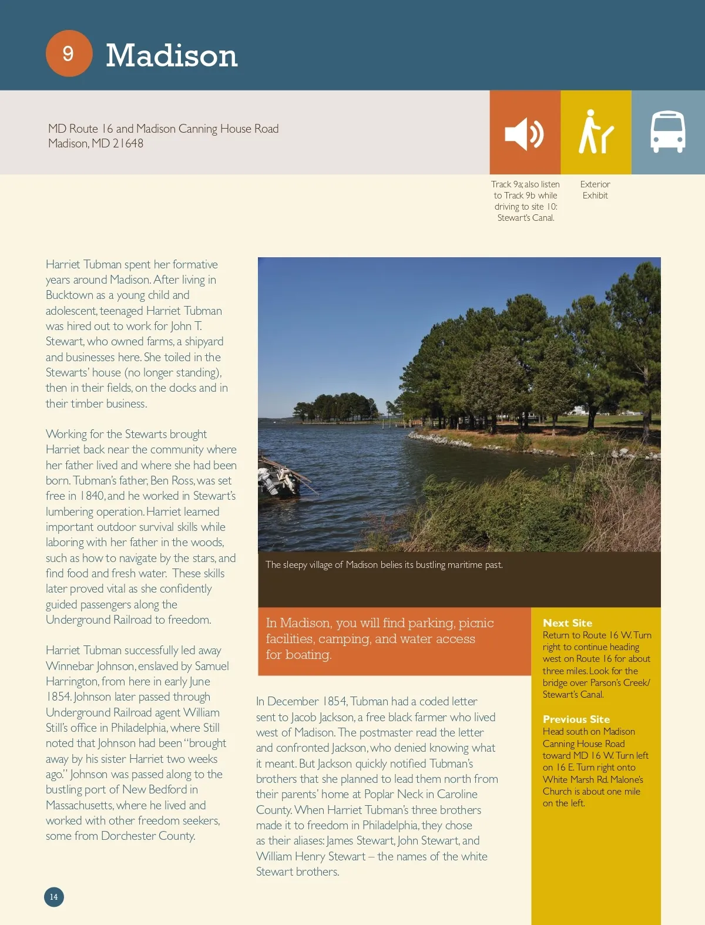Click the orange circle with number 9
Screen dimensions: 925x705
pos(69,53)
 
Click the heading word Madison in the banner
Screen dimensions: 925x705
pos(172,55)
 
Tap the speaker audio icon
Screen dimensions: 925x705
pos(525,133)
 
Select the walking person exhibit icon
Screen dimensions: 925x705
pos(595,132)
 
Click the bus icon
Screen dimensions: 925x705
pos(667,132)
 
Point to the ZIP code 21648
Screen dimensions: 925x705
pos(127,144)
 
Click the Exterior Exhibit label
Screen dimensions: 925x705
pos(595,190)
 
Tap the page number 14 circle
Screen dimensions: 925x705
pos(53,897)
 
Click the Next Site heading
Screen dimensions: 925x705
pos(567,623)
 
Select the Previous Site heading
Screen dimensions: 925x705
pos(576,719)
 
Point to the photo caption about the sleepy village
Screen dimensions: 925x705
pos(384,565)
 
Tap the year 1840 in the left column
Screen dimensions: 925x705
pos(92,496)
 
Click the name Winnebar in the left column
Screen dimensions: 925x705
pos(69,666)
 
